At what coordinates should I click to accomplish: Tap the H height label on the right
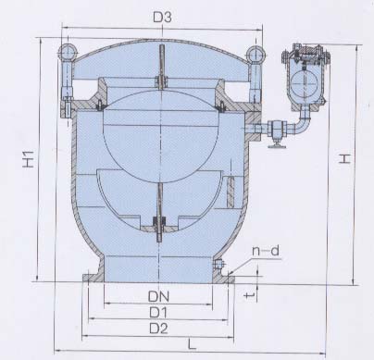[344, 160]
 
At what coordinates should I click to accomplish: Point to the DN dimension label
[159, 294]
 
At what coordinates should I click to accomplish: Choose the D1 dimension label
[159, 311]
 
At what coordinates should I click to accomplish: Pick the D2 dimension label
[159, 328]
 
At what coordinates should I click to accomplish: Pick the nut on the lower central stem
[159, 222]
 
